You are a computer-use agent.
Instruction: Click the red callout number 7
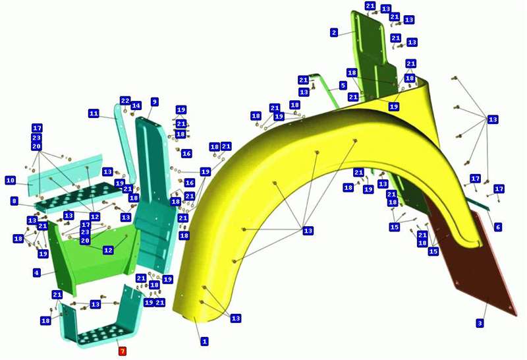click(x=123, y=351)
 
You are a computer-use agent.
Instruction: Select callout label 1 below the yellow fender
click(x=204, y=342)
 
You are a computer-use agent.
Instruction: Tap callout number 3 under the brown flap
click(x=480, y=323)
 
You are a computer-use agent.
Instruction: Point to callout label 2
click(x=334, y=32)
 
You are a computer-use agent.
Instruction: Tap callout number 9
click(x=154, y=102)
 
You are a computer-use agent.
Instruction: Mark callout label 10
click(x=11, y=181)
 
